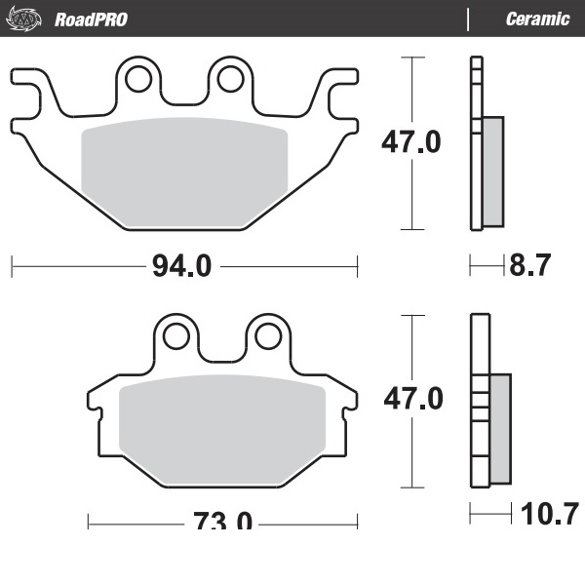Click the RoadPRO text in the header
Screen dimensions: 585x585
(91, 19)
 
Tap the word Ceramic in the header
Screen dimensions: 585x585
(537, 19)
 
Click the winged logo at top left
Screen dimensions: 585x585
(26, 19)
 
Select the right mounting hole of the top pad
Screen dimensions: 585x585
(230, 77)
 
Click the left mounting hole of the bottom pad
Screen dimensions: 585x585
(175, 335)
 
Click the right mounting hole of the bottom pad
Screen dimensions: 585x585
(268, 335)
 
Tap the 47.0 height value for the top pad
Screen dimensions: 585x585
(410, 142)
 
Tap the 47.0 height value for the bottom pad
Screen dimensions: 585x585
(410, 398)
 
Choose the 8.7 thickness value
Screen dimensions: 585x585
(530, 265)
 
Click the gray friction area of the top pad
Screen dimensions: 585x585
(183, 172)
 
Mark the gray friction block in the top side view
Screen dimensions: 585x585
(493, 171)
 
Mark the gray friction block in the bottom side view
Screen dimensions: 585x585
(499, 427)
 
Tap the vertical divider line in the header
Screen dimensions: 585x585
(469, 19)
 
